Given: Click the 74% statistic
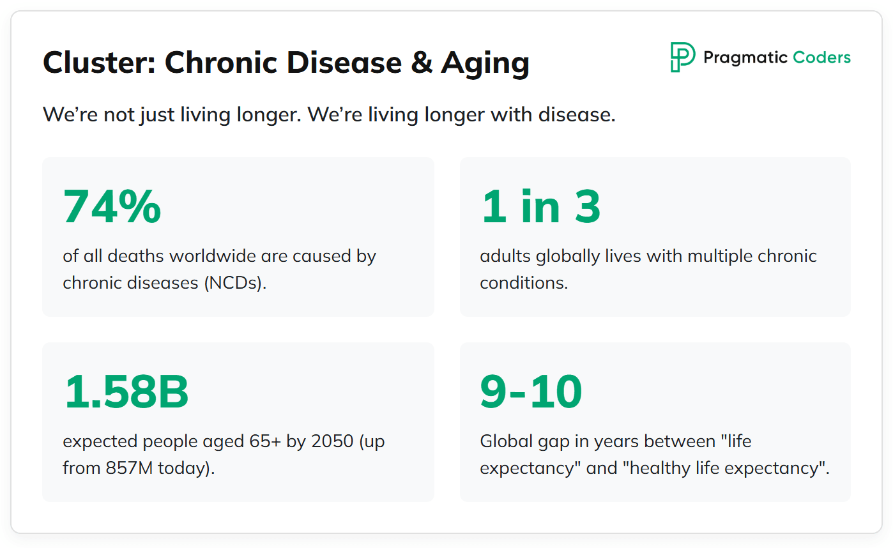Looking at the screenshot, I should (x=112, y=206).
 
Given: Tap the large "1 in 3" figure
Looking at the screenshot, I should (x=540, y=206).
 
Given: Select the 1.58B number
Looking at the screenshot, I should (x=126, y=392).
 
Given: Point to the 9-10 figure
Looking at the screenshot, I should (x=531, y=392).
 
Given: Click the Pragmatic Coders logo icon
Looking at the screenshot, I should (x=682, y=57).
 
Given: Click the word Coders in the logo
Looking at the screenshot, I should (x=821, y=57).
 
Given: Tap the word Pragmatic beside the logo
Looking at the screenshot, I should (x=745, y=58).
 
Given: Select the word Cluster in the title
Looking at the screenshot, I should (x=99, y=63).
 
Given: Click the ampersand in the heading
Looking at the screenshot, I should (x=422, y=63).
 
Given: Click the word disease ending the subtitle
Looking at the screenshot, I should (x=577, y=115).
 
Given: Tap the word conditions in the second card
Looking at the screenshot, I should (x=523, y=283).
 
